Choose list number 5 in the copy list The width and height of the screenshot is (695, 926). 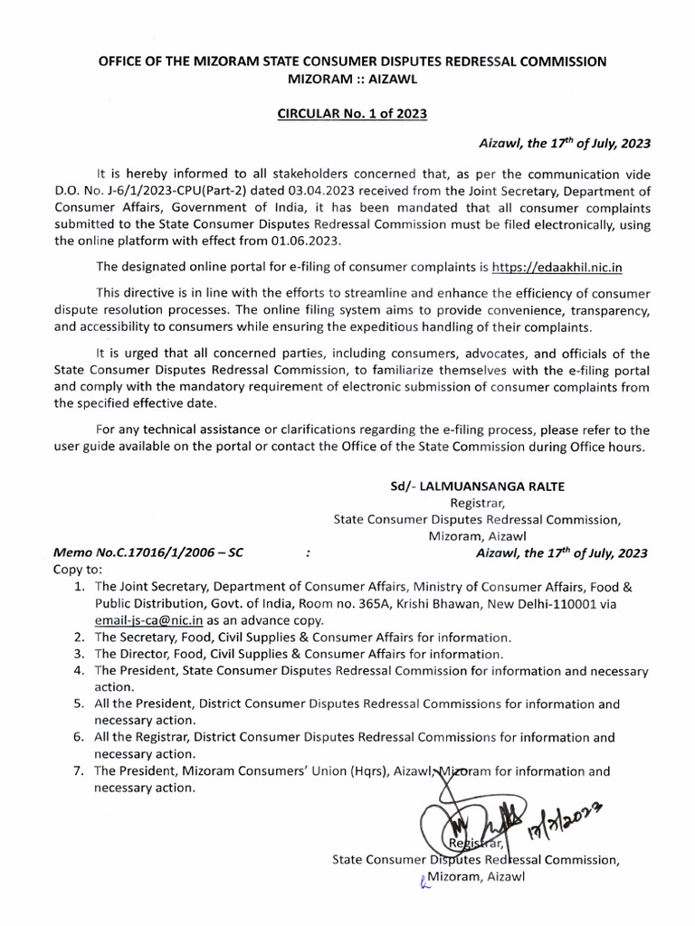[80, 704]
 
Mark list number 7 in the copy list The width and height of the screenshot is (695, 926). [80, 771]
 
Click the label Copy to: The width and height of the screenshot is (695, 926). [79, 570]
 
